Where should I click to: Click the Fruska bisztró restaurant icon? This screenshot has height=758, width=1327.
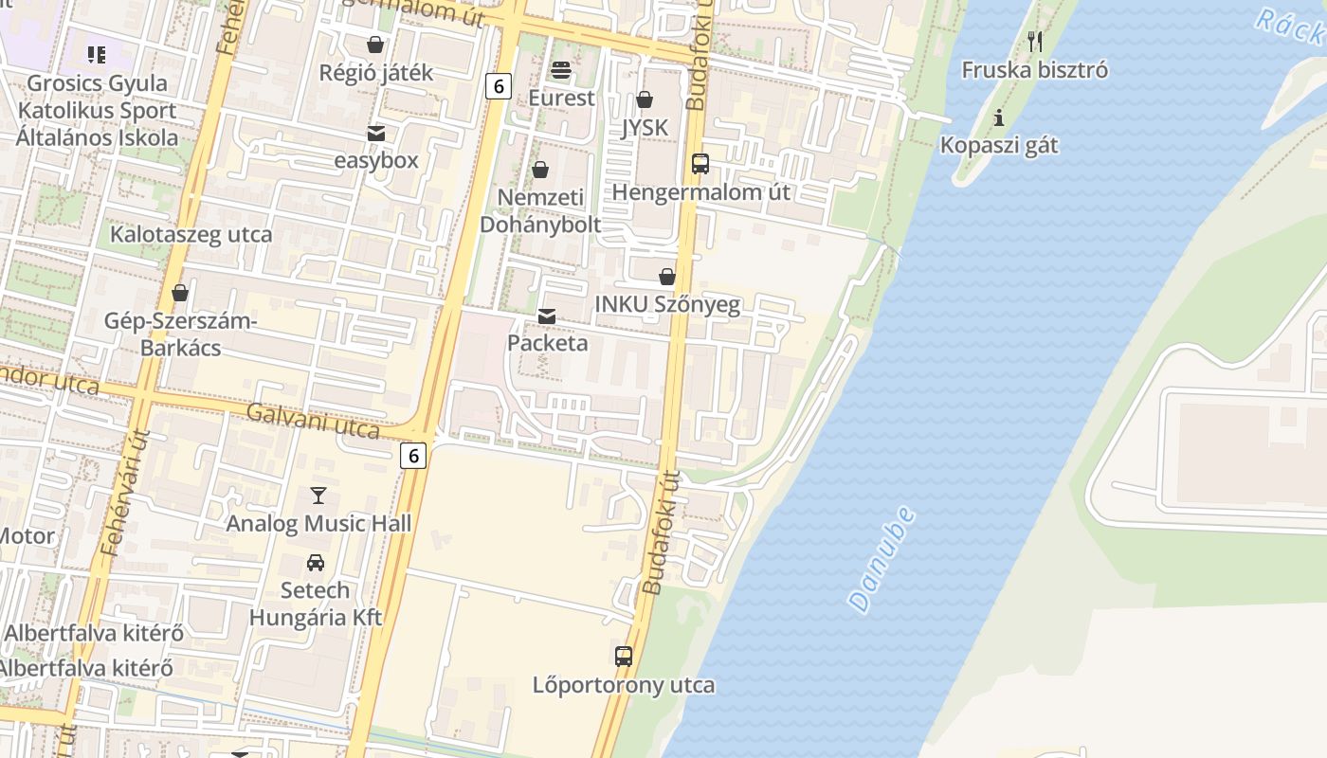click(x=1035, y=41)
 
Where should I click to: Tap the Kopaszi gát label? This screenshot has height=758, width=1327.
click(x=999, y=146)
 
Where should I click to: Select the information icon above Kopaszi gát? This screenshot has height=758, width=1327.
click(x=998, y=118)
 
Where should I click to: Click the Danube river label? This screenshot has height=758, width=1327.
click(x=882, y=559)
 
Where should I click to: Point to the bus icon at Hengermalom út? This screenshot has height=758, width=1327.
click(x=700, y=164)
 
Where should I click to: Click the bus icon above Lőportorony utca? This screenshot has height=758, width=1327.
click(x=623, y=656)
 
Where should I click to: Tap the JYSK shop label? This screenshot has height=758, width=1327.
click(x=645, y=128)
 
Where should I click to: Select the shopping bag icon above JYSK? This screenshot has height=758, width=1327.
click(x=645, y=99)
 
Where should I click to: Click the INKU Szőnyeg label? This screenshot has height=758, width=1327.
click(x=667, y=304)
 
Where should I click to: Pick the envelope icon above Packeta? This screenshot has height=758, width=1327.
click(x=547, y=316)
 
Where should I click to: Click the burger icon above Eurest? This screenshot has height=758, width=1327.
click(x=561, y=69)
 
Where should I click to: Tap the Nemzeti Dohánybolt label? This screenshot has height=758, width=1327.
click(x=540, y=210)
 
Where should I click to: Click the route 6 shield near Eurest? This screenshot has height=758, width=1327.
click(x=498, y=86)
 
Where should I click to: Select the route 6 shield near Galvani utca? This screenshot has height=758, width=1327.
click(x=413, y=456)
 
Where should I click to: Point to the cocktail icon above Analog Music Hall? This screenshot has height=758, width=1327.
click(x=318, y=496)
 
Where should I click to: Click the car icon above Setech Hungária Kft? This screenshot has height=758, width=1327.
click(x=316, y=563)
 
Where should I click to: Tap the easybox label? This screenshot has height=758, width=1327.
click(x=376, y=160)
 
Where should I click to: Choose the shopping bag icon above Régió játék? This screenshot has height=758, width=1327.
click(x=375, y=44)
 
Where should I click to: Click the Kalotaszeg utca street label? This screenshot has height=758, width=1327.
click(x=191, y=235)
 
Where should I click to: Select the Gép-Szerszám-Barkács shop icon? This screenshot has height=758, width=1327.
click(x=180, y=293)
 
